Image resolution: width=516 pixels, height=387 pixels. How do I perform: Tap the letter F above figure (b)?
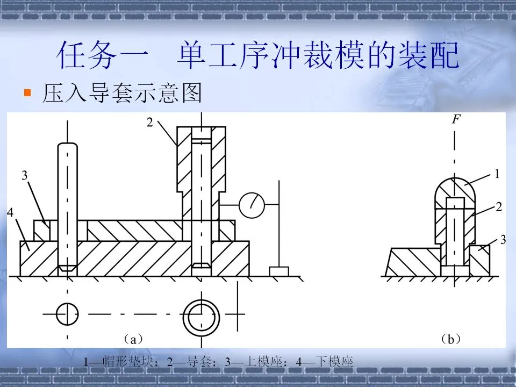pyautogui.click(x=455, y=119)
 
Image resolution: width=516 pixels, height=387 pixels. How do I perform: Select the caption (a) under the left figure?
pyautogui.click(x=132, y=339)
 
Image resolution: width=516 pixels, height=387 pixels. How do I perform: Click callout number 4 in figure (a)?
pyautogui.click(x=10, y=213)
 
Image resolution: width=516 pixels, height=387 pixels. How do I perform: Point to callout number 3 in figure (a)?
pyautogui.click(x=24, y=175)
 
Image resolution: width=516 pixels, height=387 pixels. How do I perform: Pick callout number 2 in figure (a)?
pyautogui.click(x=150, y=123)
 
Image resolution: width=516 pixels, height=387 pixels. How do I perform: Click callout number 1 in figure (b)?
pyautogui.click(x=497, y=174)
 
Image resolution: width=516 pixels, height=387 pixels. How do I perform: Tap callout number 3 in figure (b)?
pyautogui.click(x=503, y=240)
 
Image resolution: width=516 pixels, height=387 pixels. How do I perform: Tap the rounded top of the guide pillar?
pyautogui.click(x=67, y=148)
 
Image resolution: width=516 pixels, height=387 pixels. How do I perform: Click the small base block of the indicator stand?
pyautogui.click(x=279, y=271)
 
